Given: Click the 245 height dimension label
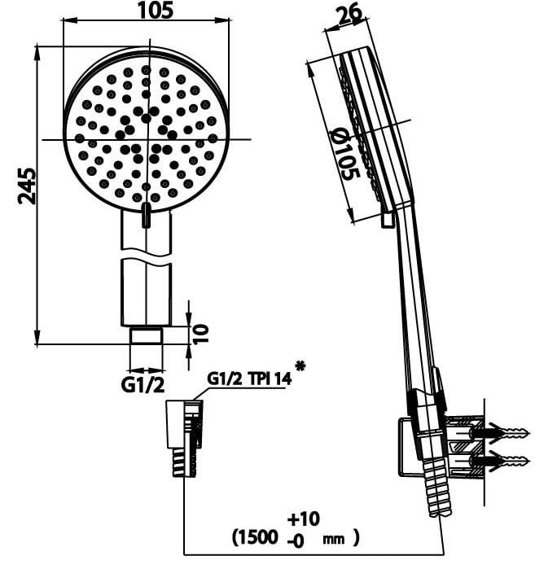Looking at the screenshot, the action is (27, 186).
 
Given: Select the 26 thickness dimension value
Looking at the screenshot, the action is (349, 13).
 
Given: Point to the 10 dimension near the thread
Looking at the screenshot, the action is (200, 334).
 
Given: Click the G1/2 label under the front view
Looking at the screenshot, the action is (143, 385).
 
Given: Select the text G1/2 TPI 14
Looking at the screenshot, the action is (249, 379).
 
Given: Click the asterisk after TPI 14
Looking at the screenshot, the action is (300, 366).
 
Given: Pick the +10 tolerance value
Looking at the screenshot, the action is (304, 519).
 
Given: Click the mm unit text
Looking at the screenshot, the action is (334, 539).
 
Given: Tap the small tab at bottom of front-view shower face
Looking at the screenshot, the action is (146, 215).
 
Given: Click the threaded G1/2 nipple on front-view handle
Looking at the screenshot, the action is (147, 335).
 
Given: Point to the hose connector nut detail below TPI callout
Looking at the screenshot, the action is (185, 438).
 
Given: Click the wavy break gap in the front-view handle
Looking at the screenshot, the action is (146, 254).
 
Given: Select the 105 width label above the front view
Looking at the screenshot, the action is (156, 10).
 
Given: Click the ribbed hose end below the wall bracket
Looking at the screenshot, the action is (437, 485).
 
